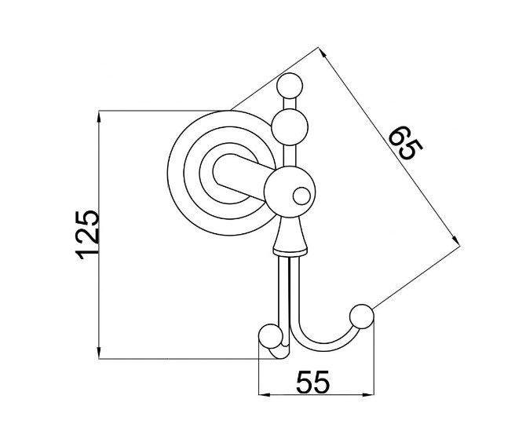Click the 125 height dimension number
[87, 235]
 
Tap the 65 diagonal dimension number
[406, 143]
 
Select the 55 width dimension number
[312, 382]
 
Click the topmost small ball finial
[290, 86]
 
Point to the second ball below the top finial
[290, 127]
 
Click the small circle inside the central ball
[301, 196]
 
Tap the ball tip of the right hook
[362, 316]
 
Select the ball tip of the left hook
[271, 336]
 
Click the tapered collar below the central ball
[290, 236]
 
